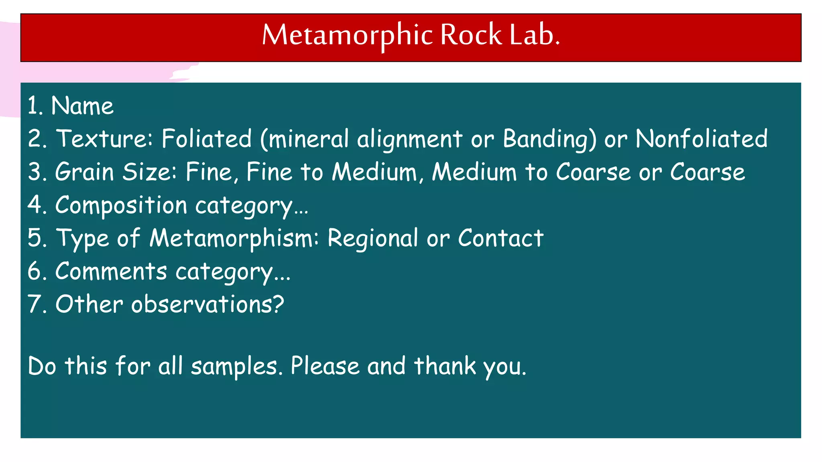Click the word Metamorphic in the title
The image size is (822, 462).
[348, 35]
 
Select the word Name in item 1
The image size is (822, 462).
[82, 106]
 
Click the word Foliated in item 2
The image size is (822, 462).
[206, 139]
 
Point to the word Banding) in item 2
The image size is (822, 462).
[549, 140]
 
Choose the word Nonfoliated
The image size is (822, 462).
[701, 139]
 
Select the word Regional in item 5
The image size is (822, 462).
[373, 238]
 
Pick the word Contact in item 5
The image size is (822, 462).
[501, 238]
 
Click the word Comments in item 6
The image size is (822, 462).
[111, 271]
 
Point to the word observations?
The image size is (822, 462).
[208, 304]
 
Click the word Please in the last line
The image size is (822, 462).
[325, 366]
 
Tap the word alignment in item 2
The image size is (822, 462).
[410, 140]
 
